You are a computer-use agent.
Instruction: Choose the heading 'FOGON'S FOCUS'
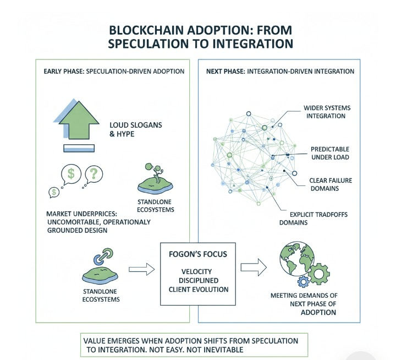pyautogui.click(x=198, y=255)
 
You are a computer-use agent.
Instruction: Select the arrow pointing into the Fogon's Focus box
pyautogui.click(x=141, y=269)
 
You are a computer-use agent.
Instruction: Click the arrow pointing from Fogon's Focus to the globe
pyautogui.click(x=253, y=268)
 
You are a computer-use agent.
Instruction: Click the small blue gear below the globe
pyautogui.click(x=303, y=282)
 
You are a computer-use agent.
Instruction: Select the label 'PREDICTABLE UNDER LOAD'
pyautogui.click(x=329, y=154)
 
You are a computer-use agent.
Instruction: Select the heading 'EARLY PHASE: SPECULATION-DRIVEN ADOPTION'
pyautogui.click(x=114, y=72)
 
